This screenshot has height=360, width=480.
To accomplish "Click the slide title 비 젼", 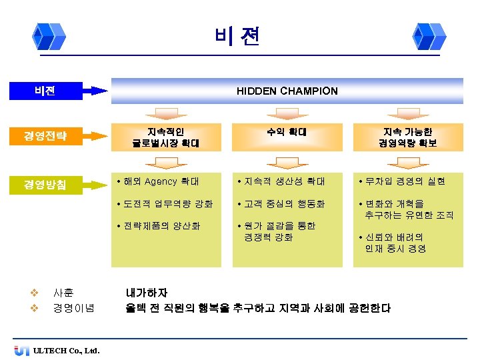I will click(x=238, y=36).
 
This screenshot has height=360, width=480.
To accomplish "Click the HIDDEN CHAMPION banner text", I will click(x=287, y=91).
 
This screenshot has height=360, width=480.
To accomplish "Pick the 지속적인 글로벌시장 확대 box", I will click(x=165, y=137).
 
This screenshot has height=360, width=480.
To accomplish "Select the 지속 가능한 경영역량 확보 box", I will click(x=407, y=137).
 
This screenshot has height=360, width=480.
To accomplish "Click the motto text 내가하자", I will click(x=147, y=293).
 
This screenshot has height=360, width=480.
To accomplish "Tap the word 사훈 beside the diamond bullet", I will click(x=63, y=293).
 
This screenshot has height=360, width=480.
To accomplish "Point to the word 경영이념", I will click(x=73, y=308).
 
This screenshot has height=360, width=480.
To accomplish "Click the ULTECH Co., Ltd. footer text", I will click(x=66, y=350).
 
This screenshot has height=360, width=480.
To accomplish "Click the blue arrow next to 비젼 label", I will click(x=99, y=91).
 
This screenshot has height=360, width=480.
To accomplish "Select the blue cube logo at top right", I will click(x=428, y=36).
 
